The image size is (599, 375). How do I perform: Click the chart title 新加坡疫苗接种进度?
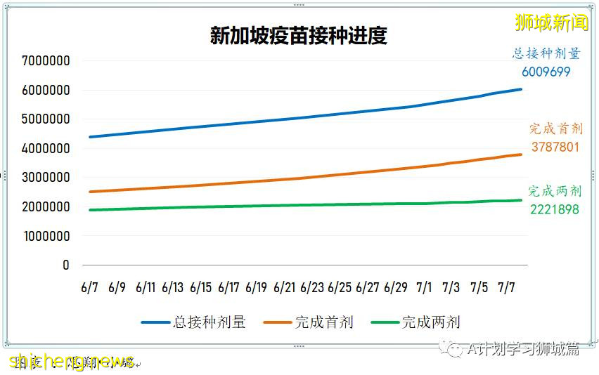click(298, 36)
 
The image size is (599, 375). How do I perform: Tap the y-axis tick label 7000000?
click(46, 61)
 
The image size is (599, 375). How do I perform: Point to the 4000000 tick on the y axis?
click(46, 149)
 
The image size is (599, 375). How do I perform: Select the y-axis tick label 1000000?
click(46, 237)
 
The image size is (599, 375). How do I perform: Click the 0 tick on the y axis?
click(65, 265)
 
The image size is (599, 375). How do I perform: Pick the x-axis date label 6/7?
click(89, 287)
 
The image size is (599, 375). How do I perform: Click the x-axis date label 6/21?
click(285, 287)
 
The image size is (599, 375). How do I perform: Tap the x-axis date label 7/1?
click(424, 287)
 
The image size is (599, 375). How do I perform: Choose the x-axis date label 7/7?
click(508, 287)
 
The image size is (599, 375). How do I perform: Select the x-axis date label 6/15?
click(200, 287)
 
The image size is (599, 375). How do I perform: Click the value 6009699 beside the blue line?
click(546, 72)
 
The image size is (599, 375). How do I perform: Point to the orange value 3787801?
click(555, 147)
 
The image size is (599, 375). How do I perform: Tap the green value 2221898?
click(555, 209)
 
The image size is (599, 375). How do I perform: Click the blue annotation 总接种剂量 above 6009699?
click(546, 53)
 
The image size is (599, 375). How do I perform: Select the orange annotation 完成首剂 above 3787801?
click(556, 129)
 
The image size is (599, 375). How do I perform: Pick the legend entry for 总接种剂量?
click(194, 323)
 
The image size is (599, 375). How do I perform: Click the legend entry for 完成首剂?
click(309, 323)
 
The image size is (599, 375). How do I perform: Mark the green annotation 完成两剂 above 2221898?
click(555, 191)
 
